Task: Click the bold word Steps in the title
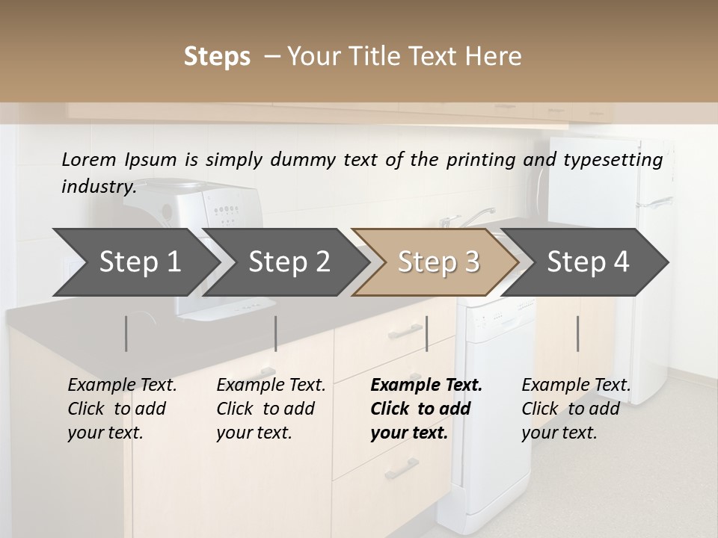tap(217, 57)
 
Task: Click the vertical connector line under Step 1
tap(126, 333)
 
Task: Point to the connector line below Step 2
tap(276, 333)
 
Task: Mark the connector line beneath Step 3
tap(426, 333)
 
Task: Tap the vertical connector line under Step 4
tap(577, 333)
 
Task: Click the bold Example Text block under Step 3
tap(426, 409)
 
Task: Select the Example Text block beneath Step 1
tap(122, 409)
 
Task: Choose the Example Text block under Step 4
tap(576, 409)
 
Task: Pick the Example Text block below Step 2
tap(271, 409)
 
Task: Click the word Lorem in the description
tap(89, 159)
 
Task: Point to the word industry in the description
tap(98, 186)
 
